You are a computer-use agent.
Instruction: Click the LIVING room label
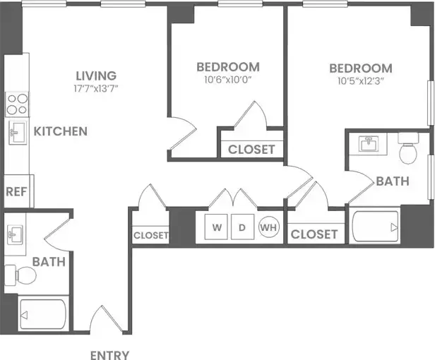(x=96, y=75)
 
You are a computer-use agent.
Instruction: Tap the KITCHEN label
(x=61, y=131)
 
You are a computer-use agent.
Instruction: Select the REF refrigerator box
(x=16, y=191)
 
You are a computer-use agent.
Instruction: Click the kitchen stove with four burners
(x=16, y=104)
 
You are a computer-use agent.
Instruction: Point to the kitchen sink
(x=17, y=131)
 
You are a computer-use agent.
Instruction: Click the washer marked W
(x=218, y=227)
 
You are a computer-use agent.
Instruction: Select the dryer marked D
(x=241, y=227)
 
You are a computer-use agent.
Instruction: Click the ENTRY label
(x=109, y=354)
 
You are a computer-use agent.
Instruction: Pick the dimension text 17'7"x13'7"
(x=96, y=89)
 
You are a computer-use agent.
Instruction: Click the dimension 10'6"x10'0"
(x=227, y=81)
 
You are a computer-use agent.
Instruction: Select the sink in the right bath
(x=368, y=145)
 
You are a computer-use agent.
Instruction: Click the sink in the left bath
(x=16, y=234)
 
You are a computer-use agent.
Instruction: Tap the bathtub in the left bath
(x=42, y=313)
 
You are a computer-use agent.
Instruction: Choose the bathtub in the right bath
(x=374, y=227)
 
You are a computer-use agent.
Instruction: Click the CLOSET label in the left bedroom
(x=251, y=149)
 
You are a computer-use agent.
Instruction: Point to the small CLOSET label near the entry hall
(x=151, y=235)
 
